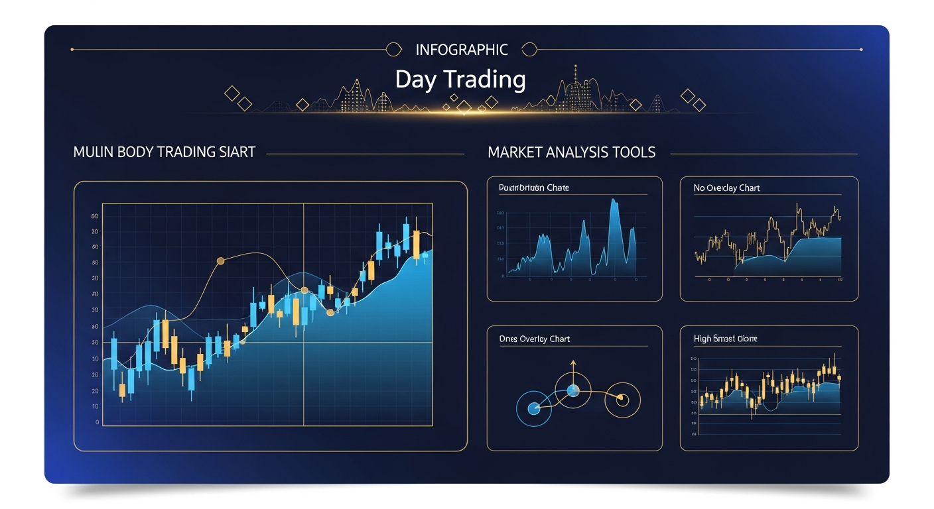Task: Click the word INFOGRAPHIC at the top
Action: pyautogui.click(x=462, y=50)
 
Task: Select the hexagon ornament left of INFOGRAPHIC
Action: pyautogui.click(x=393, y=50)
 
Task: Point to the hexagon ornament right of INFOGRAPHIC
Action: pyautogui.click(x=529, y=50)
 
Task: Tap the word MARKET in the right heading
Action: pyautogui.click(x=515, y=152)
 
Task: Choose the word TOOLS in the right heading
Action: pyautogui.click(x=633, y=152)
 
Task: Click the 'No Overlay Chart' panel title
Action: pyautogui.click(x=726, y=188)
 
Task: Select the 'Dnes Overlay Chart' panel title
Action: pyautogui.click(x=534, y=339)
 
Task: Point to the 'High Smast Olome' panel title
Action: pyautogui.click(x=725, y=339)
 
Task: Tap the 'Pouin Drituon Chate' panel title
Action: pyautogui.click(x=533, y=188)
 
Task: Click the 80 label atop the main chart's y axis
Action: pyautogui.click(x=96, y=216)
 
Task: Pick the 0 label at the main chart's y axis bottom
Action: pyautogui.click(x=98, y=422)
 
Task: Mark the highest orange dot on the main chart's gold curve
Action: pyautogui.click(x=221, y=262)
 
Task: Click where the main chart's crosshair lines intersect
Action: pyautogui.click(x=304, y=343)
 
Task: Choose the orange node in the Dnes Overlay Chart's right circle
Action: pyautogui.click(x=622, y=399)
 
